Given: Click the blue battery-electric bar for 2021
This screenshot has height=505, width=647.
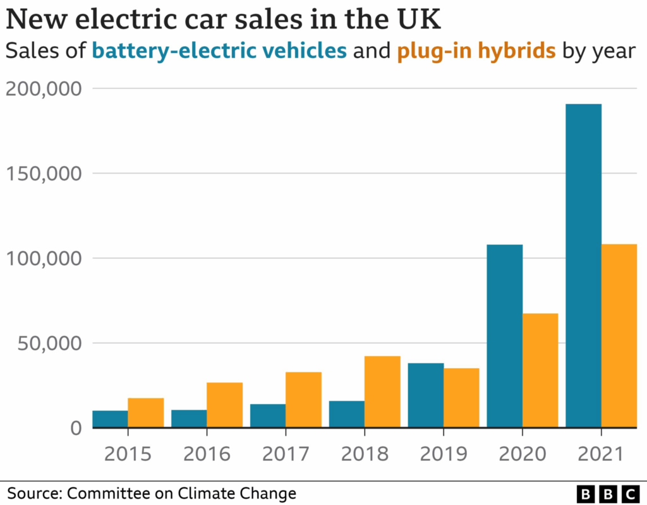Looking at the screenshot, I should point(583,266).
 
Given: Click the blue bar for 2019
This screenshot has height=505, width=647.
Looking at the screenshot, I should point(425,396).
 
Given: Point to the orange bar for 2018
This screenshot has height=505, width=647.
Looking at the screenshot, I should point(382,392).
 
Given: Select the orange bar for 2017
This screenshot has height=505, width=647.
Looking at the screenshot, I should point(303,400).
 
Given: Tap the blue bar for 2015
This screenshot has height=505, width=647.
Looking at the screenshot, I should point(110,419).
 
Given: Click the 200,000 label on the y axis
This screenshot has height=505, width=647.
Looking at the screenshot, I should point(44,89).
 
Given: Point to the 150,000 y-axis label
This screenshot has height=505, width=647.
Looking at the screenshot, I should point(44,174).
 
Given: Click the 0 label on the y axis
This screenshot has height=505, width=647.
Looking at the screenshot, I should point(76,428).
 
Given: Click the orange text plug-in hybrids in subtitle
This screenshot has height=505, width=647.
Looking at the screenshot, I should point(476,50).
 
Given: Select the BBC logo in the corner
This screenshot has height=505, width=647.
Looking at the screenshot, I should point(608,493).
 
